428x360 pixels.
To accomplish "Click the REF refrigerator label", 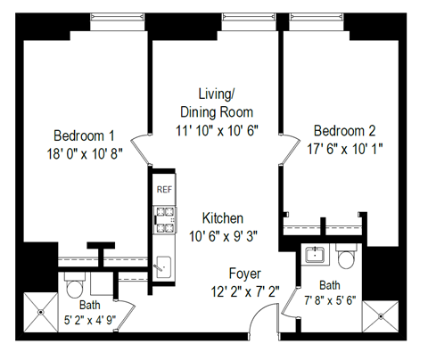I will click(163, 190).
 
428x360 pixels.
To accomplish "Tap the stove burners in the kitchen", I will click(164, 219).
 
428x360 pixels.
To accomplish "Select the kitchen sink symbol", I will click(163, 264).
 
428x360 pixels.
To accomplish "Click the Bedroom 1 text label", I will click(84, 135).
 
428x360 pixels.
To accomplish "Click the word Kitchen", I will click(222, 218).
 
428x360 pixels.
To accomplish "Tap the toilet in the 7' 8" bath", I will click(347, 258).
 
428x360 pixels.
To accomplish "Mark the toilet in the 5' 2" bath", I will click(74, 288).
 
